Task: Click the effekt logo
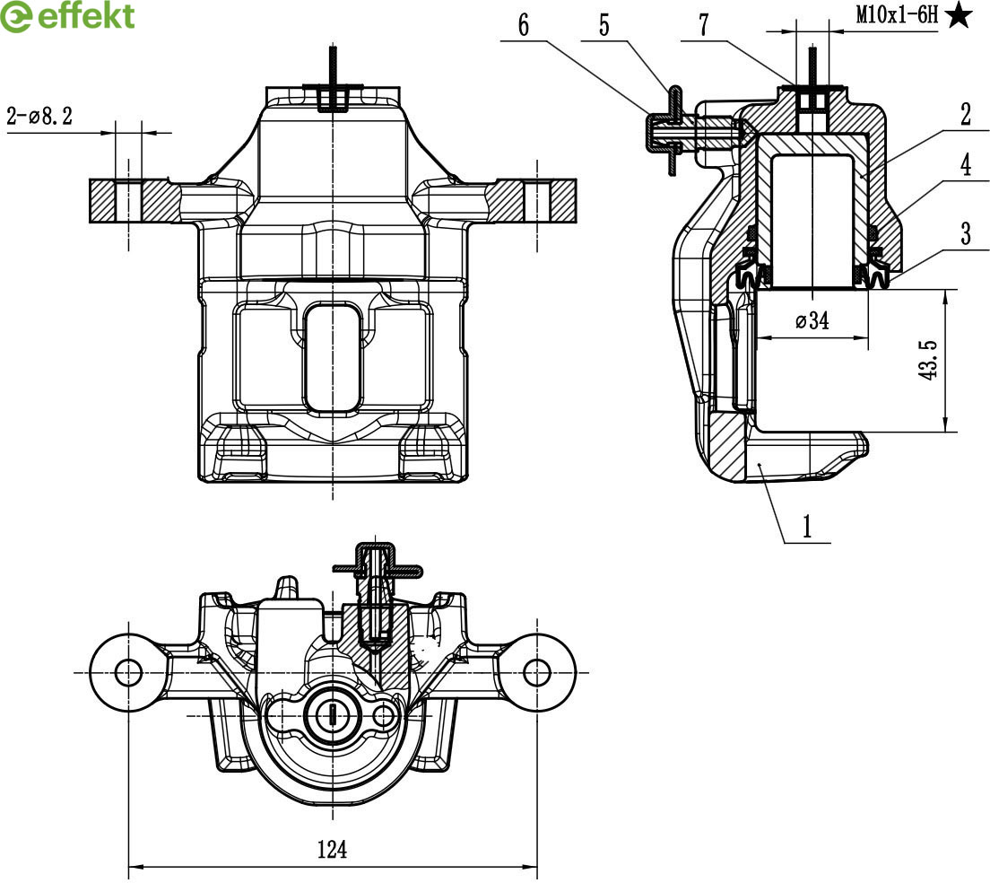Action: [x=68, y=16]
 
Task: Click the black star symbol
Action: [x=958, y=14]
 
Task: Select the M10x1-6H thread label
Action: [x=897, y=14]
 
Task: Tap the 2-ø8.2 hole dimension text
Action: [x=39, y=116]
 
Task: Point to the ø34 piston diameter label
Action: [x=812, y=320]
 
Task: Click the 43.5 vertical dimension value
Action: [x=929, y=360]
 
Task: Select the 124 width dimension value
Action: [x=332, y=849]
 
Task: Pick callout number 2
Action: [x=966, y=114]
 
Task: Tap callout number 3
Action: [x=966, y=233]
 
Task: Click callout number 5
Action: [x=604, y=25]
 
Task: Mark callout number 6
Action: [x=524, y=25]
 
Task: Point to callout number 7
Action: [x=704, y=25]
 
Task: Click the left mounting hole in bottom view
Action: [x=128, y=671]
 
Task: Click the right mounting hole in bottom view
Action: [x=536, y=671]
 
